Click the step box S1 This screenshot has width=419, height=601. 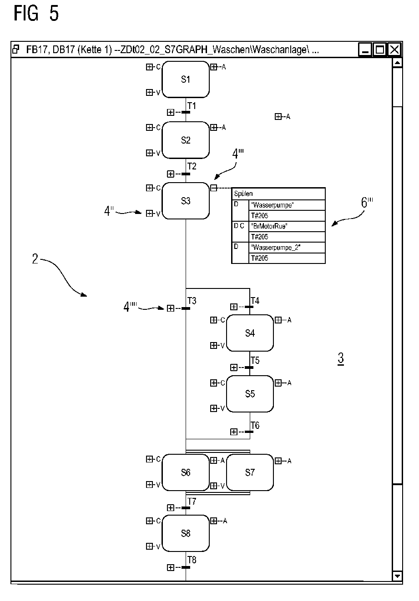pos(186,79)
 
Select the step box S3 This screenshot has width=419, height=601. pos(186,201)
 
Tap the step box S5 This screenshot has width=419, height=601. pos(250,394)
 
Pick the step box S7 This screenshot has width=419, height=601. pos(250,472)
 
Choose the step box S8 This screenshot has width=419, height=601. pos(186,533)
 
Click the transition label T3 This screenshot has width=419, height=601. pos(192,301)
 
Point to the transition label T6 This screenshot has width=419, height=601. pos(255,425)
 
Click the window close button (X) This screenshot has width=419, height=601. pos(394,50)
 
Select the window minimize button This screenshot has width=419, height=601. pos(365,50)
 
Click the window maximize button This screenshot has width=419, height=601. pos(379,50)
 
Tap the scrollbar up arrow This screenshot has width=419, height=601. pos(397,63)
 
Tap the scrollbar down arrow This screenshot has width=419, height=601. pos(397,576)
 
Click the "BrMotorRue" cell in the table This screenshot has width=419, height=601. pos(288,226)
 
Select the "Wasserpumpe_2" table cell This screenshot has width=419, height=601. pos(288,248)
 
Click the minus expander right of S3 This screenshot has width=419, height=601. pos(213,188)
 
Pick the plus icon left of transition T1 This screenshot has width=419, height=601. pos(171,112)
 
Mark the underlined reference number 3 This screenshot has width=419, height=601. pos(340,359)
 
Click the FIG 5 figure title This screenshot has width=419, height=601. pos(36,14)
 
